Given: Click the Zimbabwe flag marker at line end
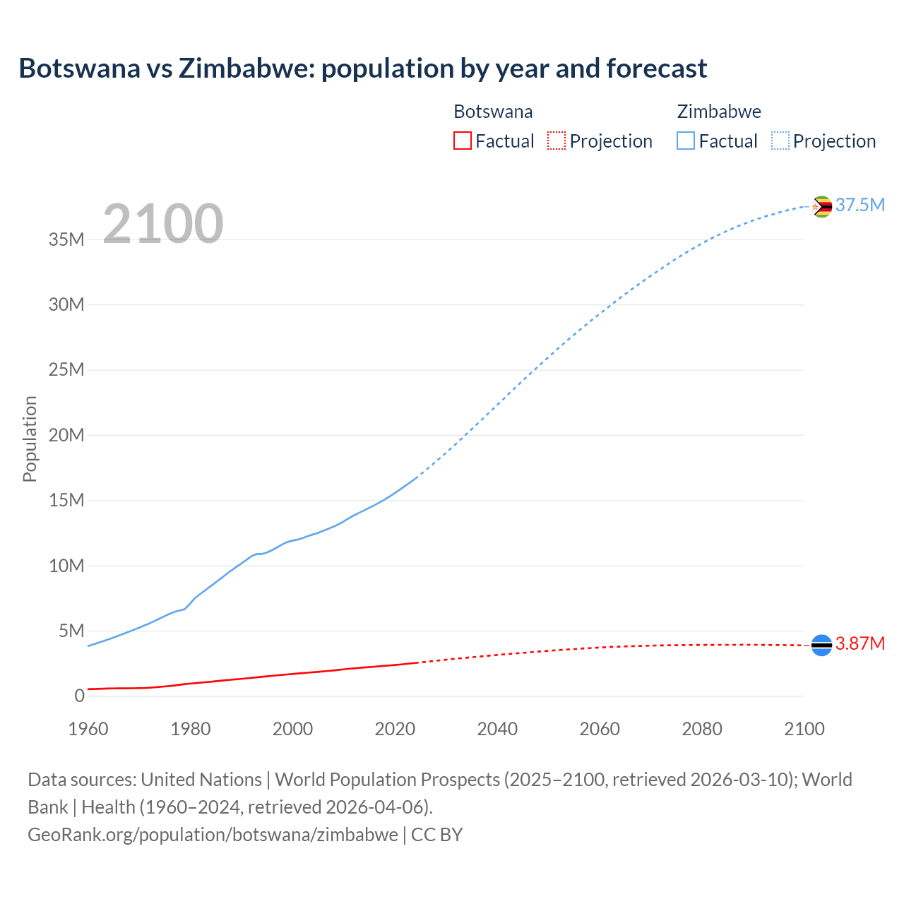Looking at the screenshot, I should click(821, 206).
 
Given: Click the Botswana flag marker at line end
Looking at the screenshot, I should click(821, 645).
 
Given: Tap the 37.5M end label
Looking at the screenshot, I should click(860, 205).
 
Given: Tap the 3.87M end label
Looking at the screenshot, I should click(860, 643).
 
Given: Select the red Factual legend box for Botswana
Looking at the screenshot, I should click(462, 141).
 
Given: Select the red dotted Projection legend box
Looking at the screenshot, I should click(557, 141).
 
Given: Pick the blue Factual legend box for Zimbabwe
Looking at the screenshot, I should click(686, 141).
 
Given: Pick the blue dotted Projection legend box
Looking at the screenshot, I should click(780, 141).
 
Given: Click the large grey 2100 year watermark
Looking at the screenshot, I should click(163, 224).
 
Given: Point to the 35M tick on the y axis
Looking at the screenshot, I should click(66, 239).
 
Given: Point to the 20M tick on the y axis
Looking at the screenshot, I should click(66, 435).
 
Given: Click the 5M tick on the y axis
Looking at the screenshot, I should click(71, 631).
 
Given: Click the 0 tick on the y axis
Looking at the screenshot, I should click(79, 696).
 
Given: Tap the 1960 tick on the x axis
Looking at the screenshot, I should click(88, 729).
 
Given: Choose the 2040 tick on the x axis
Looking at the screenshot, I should click(497, 729).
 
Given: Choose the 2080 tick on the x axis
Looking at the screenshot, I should click(702, 729).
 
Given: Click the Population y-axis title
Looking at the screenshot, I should click(30, 439).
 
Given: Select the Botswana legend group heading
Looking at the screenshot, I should click(493, 112).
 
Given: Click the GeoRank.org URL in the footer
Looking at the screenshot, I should click(213, 834).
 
